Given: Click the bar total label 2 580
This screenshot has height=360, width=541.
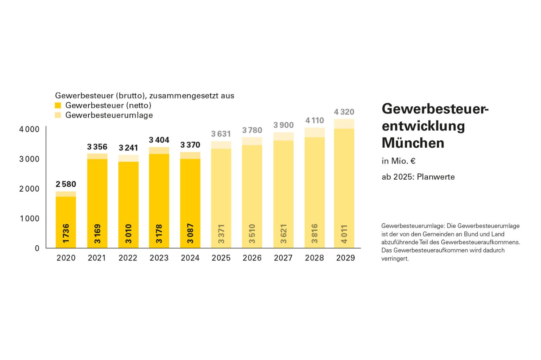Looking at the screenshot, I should (66, 184).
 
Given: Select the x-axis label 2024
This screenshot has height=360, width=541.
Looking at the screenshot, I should (190, 258).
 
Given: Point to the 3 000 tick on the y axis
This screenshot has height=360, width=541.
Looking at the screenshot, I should (29, 159).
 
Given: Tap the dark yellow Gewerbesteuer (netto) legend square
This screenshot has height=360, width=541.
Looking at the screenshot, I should (58, 105).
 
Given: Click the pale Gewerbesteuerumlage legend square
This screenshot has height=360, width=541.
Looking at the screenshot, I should (58, 115).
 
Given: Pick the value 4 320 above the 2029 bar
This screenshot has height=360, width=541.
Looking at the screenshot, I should (344, 112).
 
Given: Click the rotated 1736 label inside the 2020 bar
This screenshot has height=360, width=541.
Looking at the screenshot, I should (66, 233).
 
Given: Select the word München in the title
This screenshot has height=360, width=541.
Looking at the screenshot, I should (413, 143).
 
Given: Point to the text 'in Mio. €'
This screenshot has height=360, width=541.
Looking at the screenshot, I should (398, 161).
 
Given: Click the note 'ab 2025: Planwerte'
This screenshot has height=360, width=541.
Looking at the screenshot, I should (418, 177).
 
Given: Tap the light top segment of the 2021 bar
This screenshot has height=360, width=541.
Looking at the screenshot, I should (97, 156).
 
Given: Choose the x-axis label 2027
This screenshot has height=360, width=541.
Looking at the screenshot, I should (283, 258).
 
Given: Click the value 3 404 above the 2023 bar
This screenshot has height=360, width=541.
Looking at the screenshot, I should (159, 140).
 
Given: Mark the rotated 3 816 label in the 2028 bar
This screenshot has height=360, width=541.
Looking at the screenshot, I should (314, 233).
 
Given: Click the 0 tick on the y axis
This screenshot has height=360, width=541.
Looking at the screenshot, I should (37, 248).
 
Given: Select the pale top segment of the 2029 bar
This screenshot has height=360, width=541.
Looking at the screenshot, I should (344, 124).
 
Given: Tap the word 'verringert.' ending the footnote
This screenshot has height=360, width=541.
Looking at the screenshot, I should (395, 258).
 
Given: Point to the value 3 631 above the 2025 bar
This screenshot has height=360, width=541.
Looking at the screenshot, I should (221, 134).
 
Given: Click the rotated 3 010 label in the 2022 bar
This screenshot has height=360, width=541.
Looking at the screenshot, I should (128, 233).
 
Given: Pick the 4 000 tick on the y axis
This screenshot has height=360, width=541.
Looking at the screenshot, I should (29, 129).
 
